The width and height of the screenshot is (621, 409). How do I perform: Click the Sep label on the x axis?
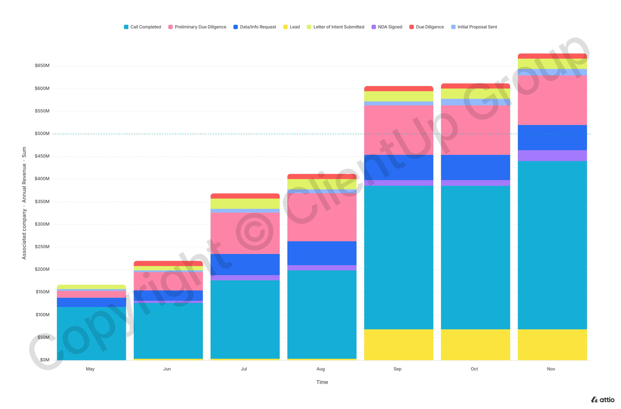[397, 369]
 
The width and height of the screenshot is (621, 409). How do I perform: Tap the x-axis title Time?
[322, 382]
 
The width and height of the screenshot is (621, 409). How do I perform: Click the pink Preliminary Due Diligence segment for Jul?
[245, 233]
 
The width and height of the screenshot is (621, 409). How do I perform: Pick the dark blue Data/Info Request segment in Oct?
[475, 167]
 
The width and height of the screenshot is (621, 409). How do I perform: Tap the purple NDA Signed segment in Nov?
[552, 156]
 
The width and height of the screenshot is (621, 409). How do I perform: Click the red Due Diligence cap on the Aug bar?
[322, 177]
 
